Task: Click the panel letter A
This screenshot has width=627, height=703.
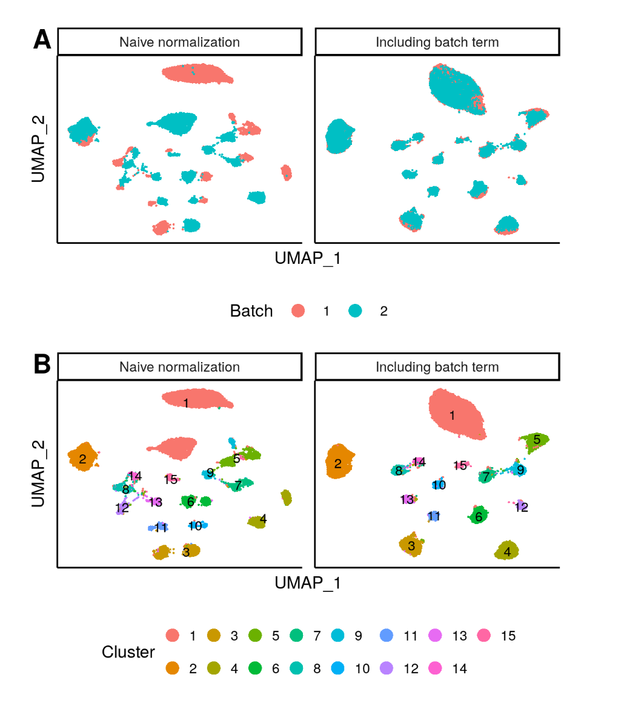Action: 42,40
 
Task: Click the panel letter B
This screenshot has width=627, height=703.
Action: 42,365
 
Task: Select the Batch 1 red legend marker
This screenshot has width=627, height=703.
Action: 298,311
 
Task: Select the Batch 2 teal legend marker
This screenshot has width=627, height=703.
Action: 355,311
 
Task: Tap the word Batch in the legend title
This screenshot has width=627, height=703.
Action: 251,311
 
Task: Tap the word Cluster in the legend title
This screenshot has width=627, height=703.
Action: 128,652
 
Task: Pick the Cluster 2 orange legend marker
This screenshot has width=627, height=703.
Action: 173,668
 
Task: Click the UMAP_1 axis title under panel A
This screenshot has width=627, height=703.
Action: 308,258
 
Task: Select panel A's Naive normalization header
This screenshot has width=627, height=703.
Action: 179,42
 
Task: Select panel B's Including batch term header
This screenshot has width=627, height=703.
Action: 437,367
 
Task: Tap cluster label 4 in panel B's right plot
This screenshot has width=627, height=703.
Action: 507,552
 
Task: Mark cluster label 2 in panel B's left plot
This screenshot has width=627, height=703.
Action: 82,459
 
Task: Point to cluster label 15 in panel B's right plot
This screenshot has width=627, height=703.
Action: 460,465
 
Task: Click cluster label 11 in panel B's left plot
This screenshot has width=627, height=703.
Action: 161,528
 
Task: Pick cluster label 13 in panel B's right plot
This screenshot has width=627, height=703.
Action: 407,499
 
